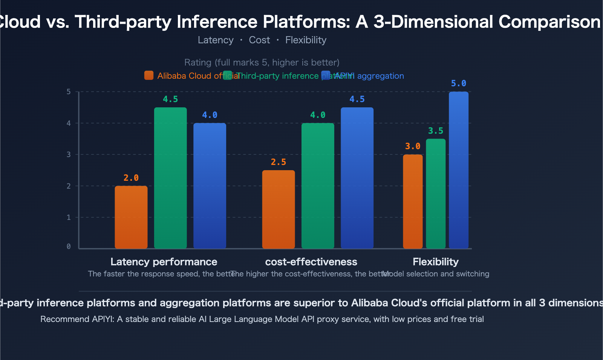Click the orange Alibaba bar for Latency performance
pyautogui.click(x=131, y=217)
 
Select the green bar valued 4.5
pyautogui.click(x=170, y=178)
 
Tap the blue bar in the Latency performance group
pyautogui.click(x=210, y=186)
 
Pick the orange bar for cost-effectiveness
pyautogui.click(x=279, y=209)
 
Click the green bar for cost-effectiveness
pyautogui.click(x=318, y=186)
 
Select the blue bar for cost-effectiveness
pyautogui.click(x=357, y=178)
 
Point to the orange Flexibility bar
pyautogui.click(x=413, y=201)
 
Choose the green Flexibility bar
pyautogui.click(x=436, y=194)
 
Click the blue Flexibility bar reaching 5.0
pyautogui.click(x=459, y=170)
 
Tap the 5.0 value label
pyautogui.click(x=459, y=83)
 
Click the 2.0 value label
pyautogui.click(x=131, y=178)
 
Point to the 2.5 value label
pyautogui.click(x=279, y=162)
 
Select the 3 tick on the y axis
pyautogui.click(x=69, y=154)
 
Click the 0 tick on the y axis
pyautogui.click(x=69, y=247)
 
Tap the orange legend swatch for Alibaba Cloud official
pyautogui.click(x=149, y=75)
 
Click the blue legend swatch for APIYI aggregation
pyautogui.click(x=326, y=75)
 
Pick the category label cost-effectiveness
pyautogui.click(x=311, y=262)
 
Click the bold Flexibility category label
pyautogui.click(x=436, y=262)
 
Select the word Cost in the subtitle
pyautogui.click(x=259, y=40)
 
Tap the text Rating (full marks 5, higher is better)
pyautogui.click(x=262, y=62)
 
